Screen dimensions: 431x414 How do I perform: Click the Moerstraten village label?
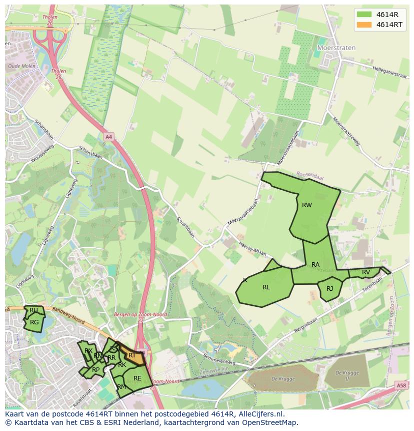(336, 48)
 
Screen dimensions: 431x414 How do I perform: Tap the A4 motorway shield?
(109, 136)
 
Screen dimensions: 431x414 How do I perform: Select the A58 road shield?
(401, 385)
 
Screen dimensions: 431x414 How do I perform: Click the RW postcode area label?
(306, 205)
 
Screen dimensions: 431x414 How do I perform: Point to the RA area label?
(315, 264)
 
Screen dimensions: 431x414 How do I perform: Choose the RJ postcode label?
(329, 289)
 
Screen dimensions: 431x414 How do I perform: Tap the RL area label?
(266, 287)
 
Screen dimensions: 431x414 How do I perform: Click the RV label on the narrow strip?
(366, 272)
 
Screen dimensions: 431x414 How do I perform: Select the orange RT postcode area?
(132, 355)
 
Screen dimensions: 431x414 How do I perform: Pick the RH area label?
(33, 310)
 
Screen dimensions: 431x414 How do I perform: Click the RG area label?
(34, 322)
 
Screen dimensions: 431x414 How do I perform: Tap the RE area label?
(137, 378)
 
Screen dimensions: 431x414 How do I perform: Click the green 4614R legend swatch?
(364, 14)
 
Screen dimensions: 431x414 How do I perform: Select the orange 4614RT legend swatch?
(364, 24)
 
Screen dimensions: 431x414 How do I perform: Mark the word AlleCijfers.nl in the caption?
(260, 414)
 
